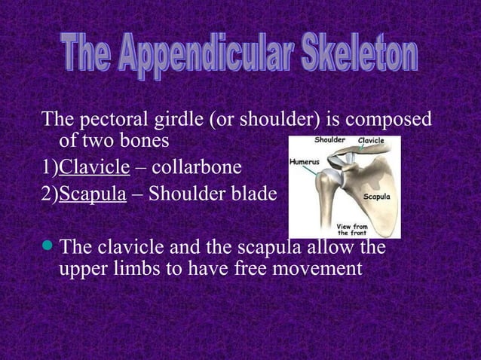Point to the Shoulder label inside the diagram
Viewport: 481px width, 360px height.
330,140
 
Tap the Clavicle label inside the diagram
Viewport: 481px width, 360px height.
371,141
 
